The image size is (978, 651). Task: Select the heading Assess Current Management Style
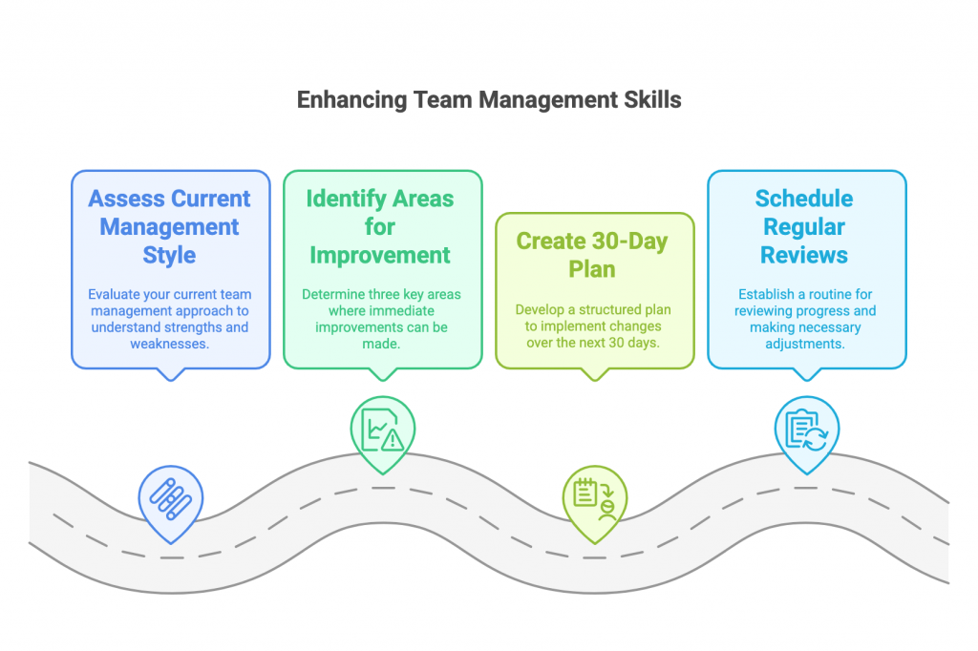click(x=170, y=227)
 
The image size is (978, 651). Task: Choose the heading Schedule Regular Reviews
click(x=804, y=227)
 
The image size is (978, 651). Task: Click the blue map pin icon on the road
click(x=171, y=498)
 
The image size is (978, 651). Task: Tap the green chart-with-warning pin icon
click(x=382, y=430)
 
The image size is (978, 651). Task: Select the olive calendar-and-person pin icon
click(x=594, y=498)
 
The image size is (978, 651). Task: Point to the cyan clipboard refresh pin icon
click(x=805, y=430)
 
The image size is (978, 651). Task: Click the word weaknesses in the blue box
click(x=170, y=343)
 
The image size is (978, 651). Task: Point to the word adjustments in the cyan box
click(x=804, y=343)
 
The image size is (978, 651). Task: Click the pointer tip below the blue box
click(x=171, y=377)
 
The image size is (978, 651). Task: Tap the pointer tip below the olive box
click(x=594, y=377)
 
